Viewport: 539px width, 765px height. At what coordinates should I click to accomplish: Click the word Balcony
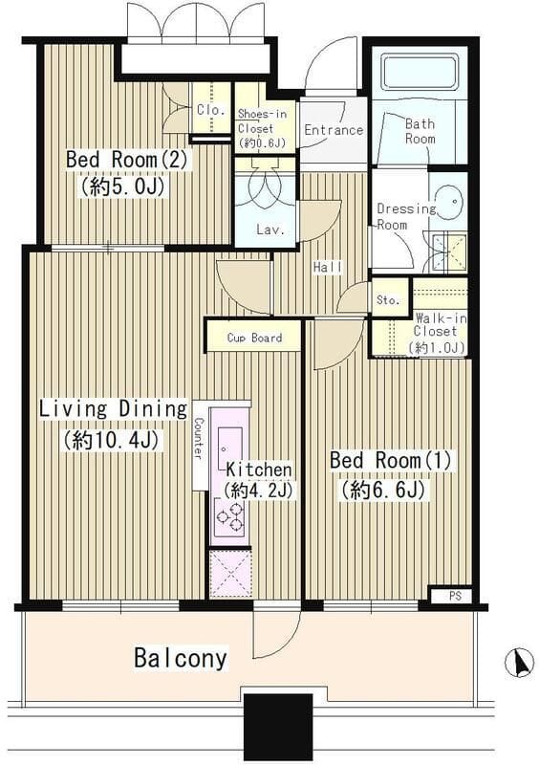click(x=181, y=658)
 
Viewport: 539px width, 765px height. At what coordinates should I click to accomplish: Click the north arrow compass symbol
click(x=519, y=663)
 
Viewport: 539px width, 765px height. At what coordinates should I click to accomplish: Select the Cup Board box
click(x=254, y=337)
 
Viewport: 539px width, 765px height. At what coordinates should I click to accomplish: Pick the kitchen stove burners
click(x=229, y=518)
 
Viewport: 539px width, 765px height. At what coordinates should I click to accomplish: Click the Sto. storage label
click(x=388, y=300)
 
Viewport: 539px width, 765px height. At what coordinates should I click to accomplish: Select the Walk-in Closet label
click(x=439, y=333)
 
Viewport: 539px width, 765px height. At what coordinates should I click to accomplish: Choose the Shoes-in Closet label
click(x=262, y=129)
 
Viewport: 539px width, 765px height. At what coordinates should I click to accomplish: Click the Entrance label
click(x=334, y=130)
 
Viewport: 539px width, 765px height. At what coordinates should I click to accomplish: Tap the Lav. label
click(x=270, y=229)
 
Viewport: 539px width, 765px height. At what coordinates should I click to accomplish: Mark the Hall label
click(x=328, y=267)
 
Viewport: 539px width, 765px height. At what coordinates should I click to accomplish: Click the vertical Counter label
click(x=199, y=438)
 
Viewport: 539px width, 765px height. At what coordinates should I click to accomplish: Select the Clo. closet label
click(x=211, y=110)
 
